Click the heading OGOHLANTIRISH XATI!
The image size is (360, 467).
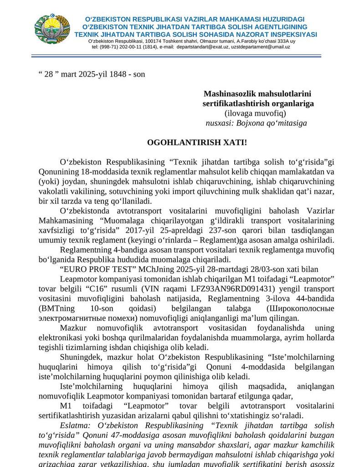(x=197, y=142)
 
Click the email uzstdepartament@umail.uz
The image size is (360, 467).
(x=260, y=47)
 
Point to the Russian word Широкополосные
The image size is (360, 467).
(x=300, y=308)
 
